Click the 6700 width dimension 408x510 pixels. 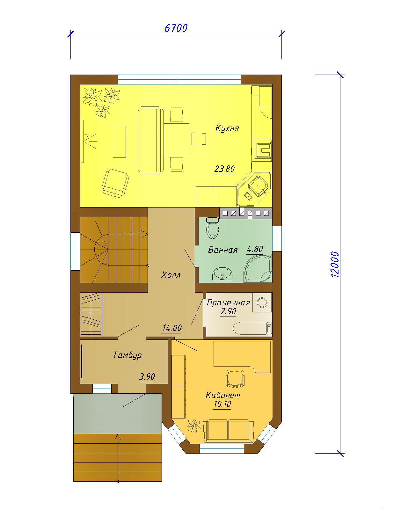(x=176, y=28)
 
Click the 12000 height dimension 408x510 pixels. (x=334, y=264)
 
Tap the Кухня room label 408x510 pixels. (x=227, y=128)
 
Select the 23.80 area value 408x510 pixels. (x=224, y=169)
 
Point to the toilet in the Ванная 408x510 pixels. (x=213, y=228)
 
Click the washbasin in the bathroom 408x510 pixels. (x=222, y=274)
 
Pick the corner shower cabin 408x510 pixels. (x=258, y=268)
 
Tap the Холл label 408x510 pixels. (x=171, y=275)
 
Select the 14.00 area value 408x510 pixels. (x=172, y=328)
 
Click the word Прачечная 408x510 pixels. (x=228, y=302)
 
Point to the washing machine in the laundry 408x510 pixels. (x=262, y=302)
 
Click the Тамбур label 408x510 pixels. (x=127, y=355)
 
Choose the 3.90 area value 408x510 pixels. (x=147, y=376)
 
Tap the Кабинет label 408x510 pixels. (x=222, y=395)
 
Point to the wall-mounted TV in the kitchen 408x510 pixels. (x=82, y=141)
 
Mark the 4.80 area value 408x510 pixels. (x=255, y=249)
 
